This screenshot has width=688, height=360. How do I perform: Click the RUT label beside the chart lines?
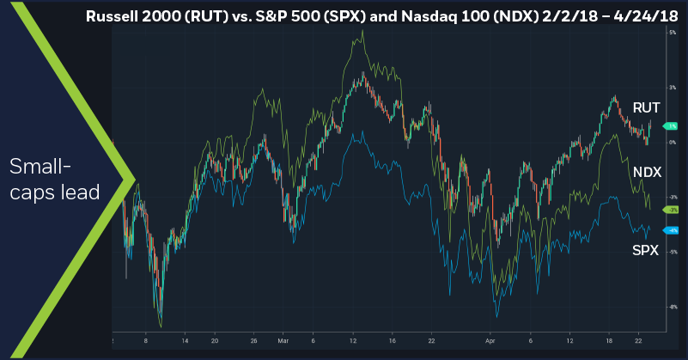coord(646,107)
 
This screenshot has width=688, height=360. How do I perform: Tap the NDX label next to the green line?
coord(647,173)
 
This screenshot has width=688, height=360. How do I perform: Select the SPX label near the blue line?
coord(646,250)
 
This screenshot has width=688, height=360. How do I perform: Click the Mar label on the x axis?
coord(283,339)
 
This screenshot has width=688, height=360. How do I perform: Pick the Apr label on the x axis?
coord(492,339)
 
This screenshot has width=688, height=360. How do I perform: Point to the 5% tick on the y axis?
coord(671,32)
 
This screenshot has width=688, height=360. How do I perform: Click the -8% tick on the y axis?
coord(671,307)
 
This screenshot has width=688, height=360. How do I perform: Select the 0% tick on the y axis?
coord(671,142)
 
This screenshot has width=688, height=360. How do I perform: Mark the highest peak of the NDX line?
coord(362,31)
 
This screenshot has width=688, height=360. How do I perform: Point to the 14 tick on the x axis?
coord(183,339)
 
